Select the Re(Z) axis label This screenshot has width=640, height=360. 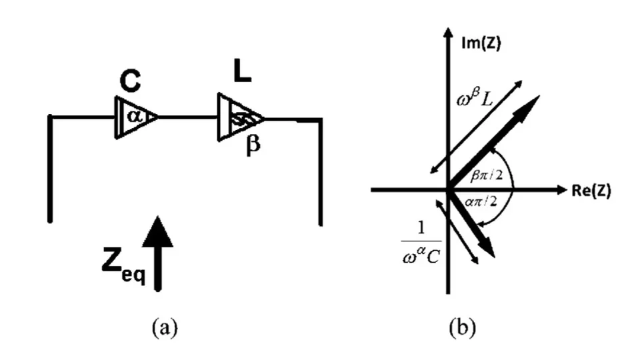(590, 190)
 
